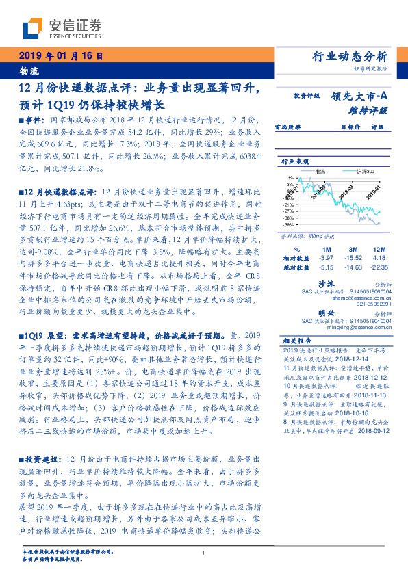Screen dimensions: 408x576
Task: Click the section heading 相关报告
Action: (x=297, y=341)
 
